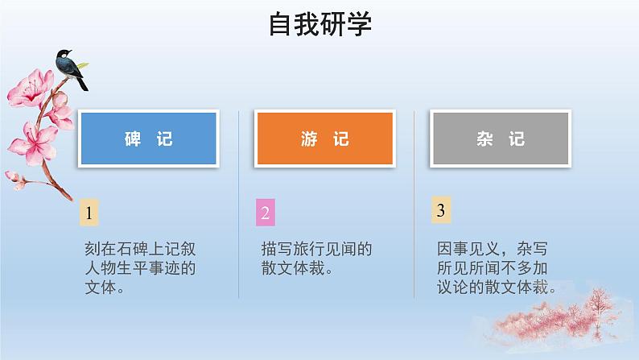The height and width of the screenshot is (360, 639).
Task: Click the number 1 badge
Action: click(90, 213)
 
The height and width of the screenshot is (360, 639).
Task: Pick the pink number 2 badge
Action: click(266, 213)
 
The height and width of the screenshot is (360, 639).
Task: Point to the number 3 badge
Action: click(440, 212)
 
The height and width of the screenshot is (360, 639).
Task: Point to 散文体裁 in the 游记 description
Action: click(295, 268)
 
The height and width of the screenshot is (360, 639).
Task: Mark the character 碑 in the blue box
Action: click(133, 140)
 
